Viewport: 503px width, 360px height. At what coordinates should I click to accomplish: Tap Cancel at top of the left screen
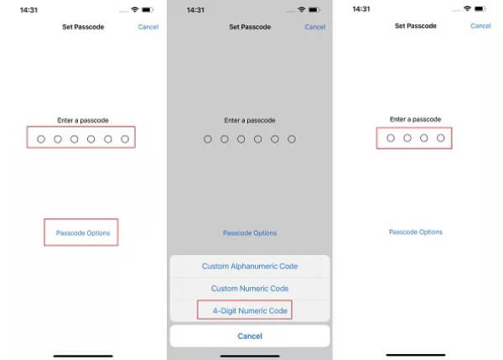(148, 27)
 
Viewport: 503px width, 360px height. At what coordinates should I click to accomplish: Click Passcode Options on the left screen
(83, 232)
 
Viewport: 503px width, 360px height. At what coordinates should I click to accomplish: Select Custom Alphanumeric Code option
(250, 266)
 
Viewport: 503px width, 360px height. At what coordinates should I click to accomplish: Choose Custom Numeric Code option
(250, 289)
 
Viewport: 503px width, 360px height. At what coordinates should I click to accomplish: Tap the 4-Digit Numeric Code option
(250, 310)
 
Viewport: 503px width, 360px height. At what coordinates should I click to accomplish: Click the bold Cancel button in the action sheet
(250, 336)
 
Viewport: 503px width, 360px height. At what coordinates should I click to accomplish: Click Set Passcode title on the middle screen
(250, 27)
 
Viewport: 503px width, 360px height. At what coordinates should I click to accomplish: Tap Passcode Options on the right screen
(416, 232)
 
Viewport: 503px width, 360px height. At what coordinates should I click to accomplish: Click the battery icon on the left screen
(148, 10)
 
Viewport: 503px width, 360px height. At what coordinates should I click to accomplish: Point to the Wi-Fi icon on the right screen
(468, 8)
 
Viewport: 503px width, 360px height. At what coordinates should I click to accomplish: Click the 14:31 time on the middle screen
(195, 10)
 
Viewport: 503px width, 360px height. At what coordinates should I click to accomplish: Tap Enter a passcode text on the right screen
(416, 119)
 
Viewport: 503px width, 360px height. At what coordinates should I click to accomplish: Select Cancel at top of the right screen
(480, 26)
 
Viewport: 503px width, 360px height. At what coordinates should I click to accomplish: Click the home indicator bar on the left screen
(83, 356)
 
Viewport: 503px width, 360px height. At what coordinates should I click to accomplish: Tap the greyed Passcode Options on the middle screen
(250, 232)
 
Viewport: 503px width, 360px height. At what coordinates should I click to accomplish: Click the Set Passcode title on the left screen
(83, 27)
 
